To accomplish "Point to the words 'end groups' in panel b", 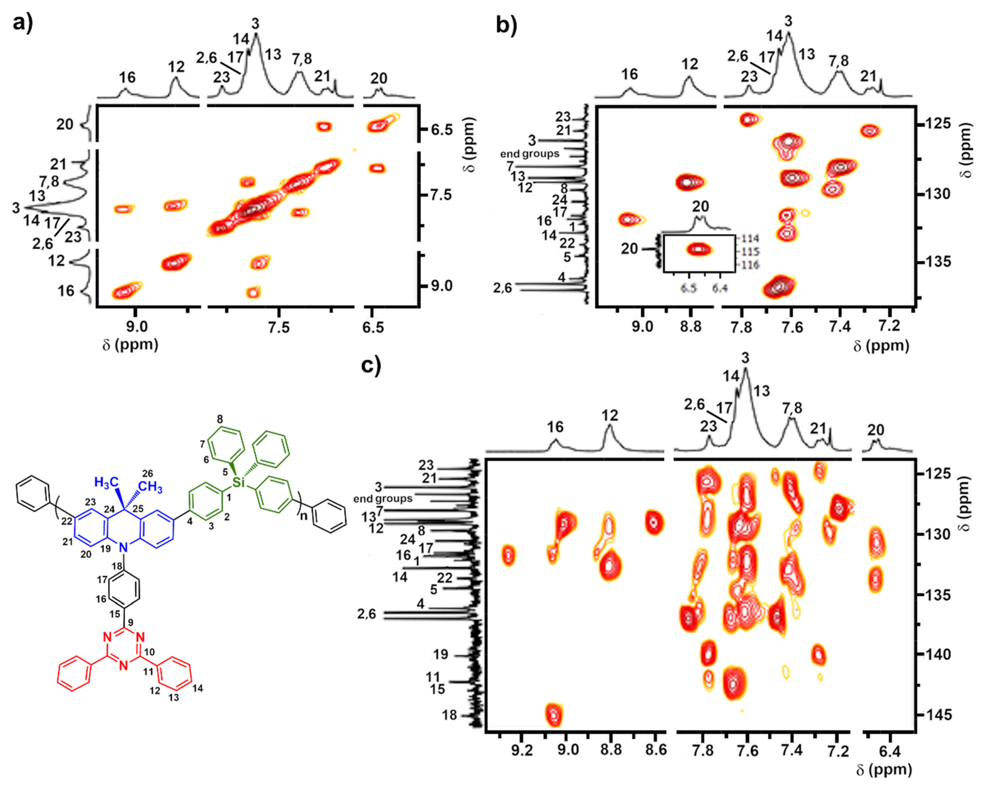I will (530, 154).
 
